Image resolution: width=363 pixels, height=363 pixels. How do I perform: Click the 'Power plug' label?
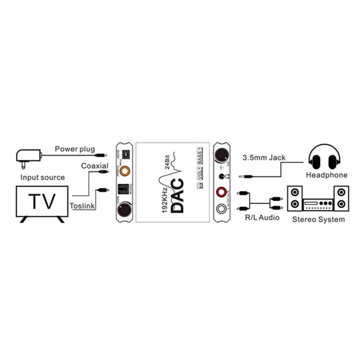(x=75, y=149)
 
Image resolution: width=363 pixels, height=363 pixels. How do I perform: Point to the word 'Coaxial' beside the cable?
(x=95, y=166)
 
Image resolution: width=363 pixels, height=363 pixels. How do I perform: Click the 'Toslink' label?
(x=82, y=206)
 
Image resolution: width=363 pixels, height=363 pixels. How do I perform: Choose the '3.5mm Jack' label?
(x=264, y=158)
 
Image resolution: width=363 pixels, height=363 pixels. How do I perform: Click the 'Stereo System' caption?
(x=318, y=219)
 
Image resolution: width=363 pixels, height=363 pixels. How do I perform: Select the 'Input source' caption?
(x=42, y=177)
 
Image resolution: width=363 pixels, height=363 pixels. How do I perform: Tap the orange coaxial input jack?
(x=124, y=171)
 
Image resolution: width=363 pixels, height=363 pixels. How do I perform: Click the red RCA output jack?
(x=221, y=192)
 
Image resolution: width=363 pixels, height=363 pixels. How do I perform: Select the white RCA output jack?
(x=221, y=209)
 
